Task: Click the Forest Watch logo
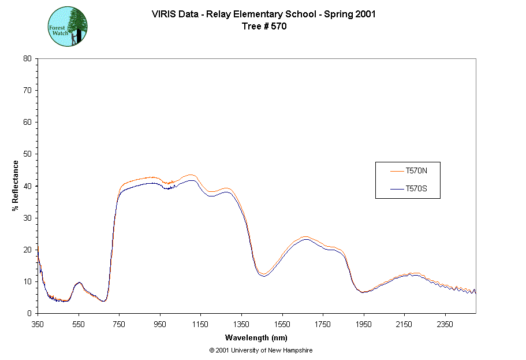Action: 68,27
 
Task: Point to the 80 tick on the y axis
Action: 27,58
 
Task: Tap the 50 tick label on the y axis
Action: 27,154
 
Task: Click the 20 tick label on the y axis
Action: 27,250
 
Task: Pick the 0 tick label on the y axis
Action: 29,313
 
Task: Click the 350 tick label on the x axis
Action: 38,324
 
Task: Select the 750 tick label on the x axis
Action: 119,324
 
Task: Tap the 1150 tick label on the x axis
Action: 200,324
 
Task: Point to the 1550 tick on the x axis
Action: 282,324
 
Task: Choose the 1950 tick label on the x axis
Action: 363,324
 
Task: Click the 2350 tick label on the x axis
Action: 445,324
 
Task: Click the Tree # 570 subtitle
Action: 263,25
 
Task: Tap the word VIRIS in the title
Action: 164,14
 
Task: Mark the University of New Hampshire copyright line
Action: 261,350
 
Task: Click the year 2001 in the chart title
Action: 365,14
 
